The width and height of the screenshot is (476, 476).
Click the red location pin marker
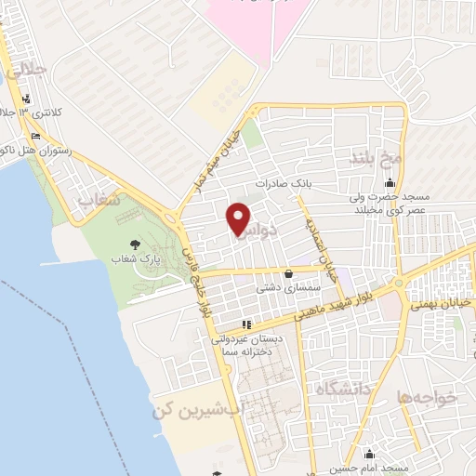pos(240,219)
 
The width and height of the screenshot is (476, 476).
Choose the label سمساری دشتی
pos(290,289)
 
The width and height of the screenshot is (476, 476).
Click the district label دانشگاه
pos(342,385)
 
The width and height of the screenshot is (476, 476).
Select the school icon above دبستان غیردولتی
pos(246,325)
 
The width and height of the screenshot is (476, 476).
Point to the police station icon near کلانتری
pos(25,99)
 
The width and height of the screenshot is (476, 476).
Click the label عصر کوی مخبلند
pos(415,210)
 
